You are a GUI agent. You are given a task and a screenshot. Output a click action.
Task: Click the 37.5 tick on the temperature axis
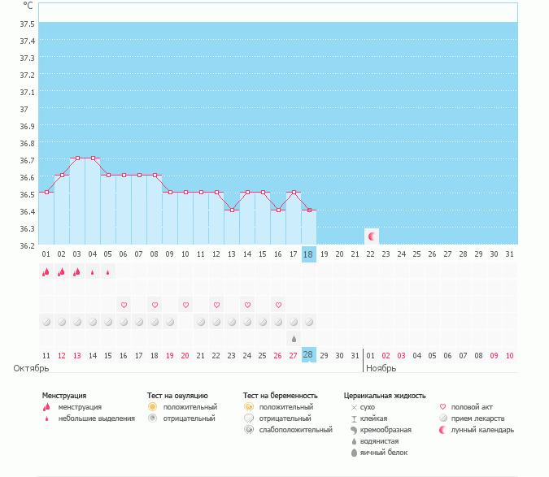[x=28, y=24]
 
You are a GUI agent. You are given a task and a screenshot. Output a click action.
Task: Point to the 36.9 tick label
[x=28, y=126]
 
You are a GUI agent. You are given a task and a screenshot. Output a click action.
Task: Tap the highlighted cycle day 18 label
[x=308, y=254]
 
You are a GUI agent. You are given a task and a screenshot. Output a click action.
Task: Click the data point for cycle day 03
[x=77, y=158]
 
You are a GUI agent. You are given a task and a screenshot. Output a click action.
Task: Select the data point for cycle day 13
[x=232, y=210]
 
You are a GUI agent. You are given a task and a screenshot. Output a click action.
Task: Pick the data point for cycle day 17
[x=293, y=193]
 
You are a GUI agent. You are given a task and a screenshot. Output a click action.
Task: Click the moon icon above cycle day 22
[x=372, y=236]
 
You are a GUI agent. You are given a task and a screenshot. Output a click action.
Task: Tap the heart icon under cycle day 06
[x=124, y=305]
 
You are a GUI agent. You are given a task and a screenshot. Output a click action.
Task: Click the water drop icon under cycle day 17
[x=293, y=338]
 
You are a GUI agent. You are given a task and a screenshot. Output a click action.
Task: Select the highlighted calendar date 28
[x=308, y=355]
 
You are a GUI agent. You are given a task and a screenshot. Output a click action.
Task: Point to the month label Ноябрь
[x=381, y=368]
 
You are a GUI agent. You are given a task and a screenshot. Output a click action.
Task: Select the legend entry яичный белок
[x=377, y=452]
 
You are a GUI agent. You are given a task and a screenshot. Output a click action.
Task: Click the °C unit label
[x=28, y=6]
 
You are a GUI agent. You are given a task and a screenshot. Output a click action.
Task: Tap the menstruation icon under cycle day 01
[x=46, y=272]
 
